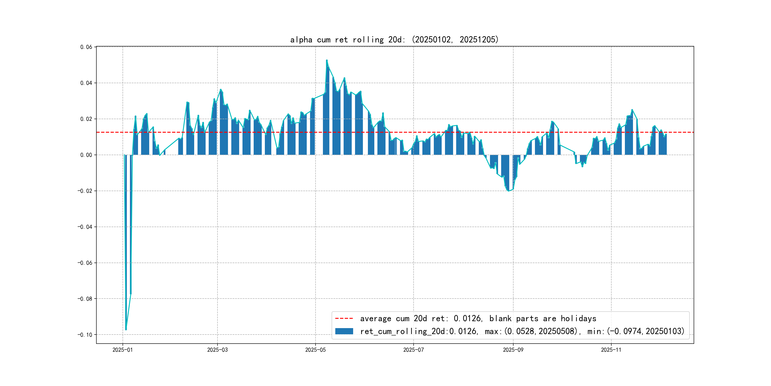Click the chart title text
pyautogui.click(x=394, y=40)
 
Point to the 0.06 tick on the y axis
pyautogui.click(x=86, y=47)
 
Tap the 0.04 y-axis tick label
pyautogui.click(x=86, y=83)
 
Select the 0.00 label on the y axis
pyautogui.click(x=86, y=155)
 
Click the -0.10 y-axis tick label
pyautogui.click(x=85, y=335)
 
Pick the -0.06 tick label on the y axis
pyautogui.click(x=85, y=263)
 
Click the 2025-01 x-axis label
pyautogui.click(x=122, y=350)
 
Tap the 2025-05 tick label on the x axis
pyautogui.click(x=315, y=350)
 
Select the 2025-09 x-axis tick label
pyautogui.click(x=513, y=350)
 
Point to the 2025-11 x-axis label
pyautogui.click(x=611, y=350)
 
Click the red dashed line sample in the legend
pyautogui.click(x=344, y=318)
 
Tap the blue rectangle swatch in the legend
pyautogui.click(x=344, y=331)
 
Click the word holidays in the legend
pyautogui.click(x=578, y=318)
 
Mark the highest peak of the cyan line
pyautogui.click(x=326, y=61)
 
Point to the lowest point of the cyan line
pyautogui.click(x=126, y=330)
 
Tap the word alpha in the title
pyautogui.click(x=301, y=40)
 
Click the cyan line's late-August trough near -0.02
pyautogui.click(x=509, y=191)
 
